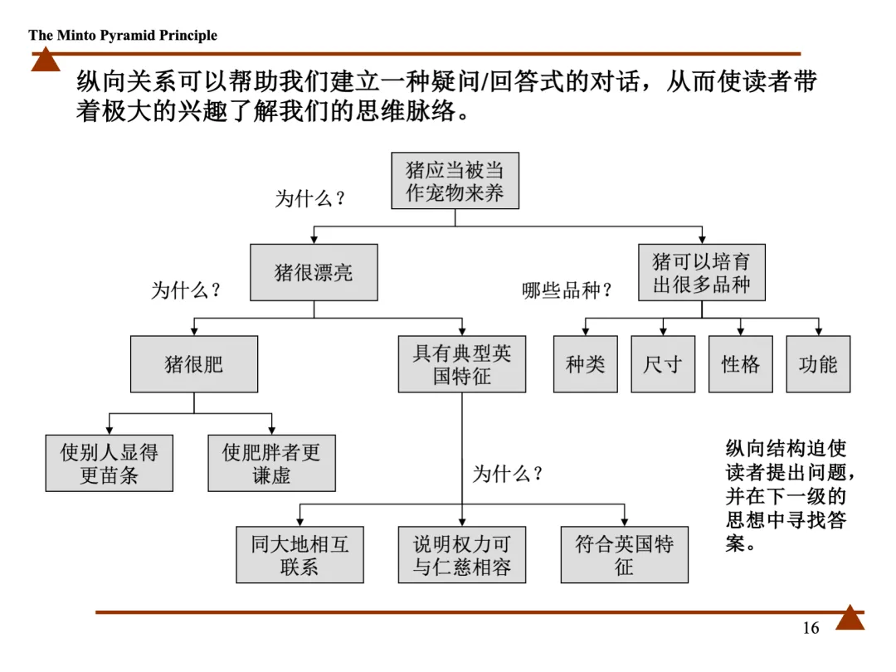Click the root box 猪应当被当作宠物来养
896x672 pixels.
(x=455, y=181)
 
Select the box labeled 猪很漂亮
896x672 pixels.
(x=314, y=272)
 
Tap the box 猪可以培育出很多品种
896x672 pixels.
(x=701, y=272)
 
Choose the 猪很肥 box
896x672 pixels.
(x=194, y=364)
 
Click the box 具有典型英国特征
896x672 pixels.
(x=462, y=364)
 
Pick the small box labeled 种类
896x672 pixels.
(x=586, y=364)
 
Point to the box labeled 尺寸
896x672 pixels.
(x=663, y=364)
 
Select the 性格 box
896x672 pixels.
(x=741, y=364)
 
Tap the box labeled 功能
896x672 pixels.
(x=818, y=364)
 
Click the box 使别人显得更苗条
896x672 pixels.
(x=109, y=463)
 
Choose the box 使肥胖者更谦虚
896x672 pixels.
(x=271, y=463)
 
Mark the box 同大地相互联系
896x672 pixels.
(x=299, y=555)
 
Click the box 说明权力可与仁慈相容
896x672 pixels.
(x=462, y=555)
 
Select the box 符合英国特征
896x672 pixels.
(x=624, y=555)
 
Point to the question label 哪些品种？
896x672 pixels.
(x=567, y=291)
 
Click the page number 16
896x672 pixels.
(x=811, y=628)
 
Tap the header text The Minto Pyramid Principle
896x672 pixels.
(x=123, y=35)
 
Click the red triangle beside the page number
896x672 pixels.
(x=850, y=618)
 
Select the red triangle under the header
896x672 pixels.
(x=46, y=60)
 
